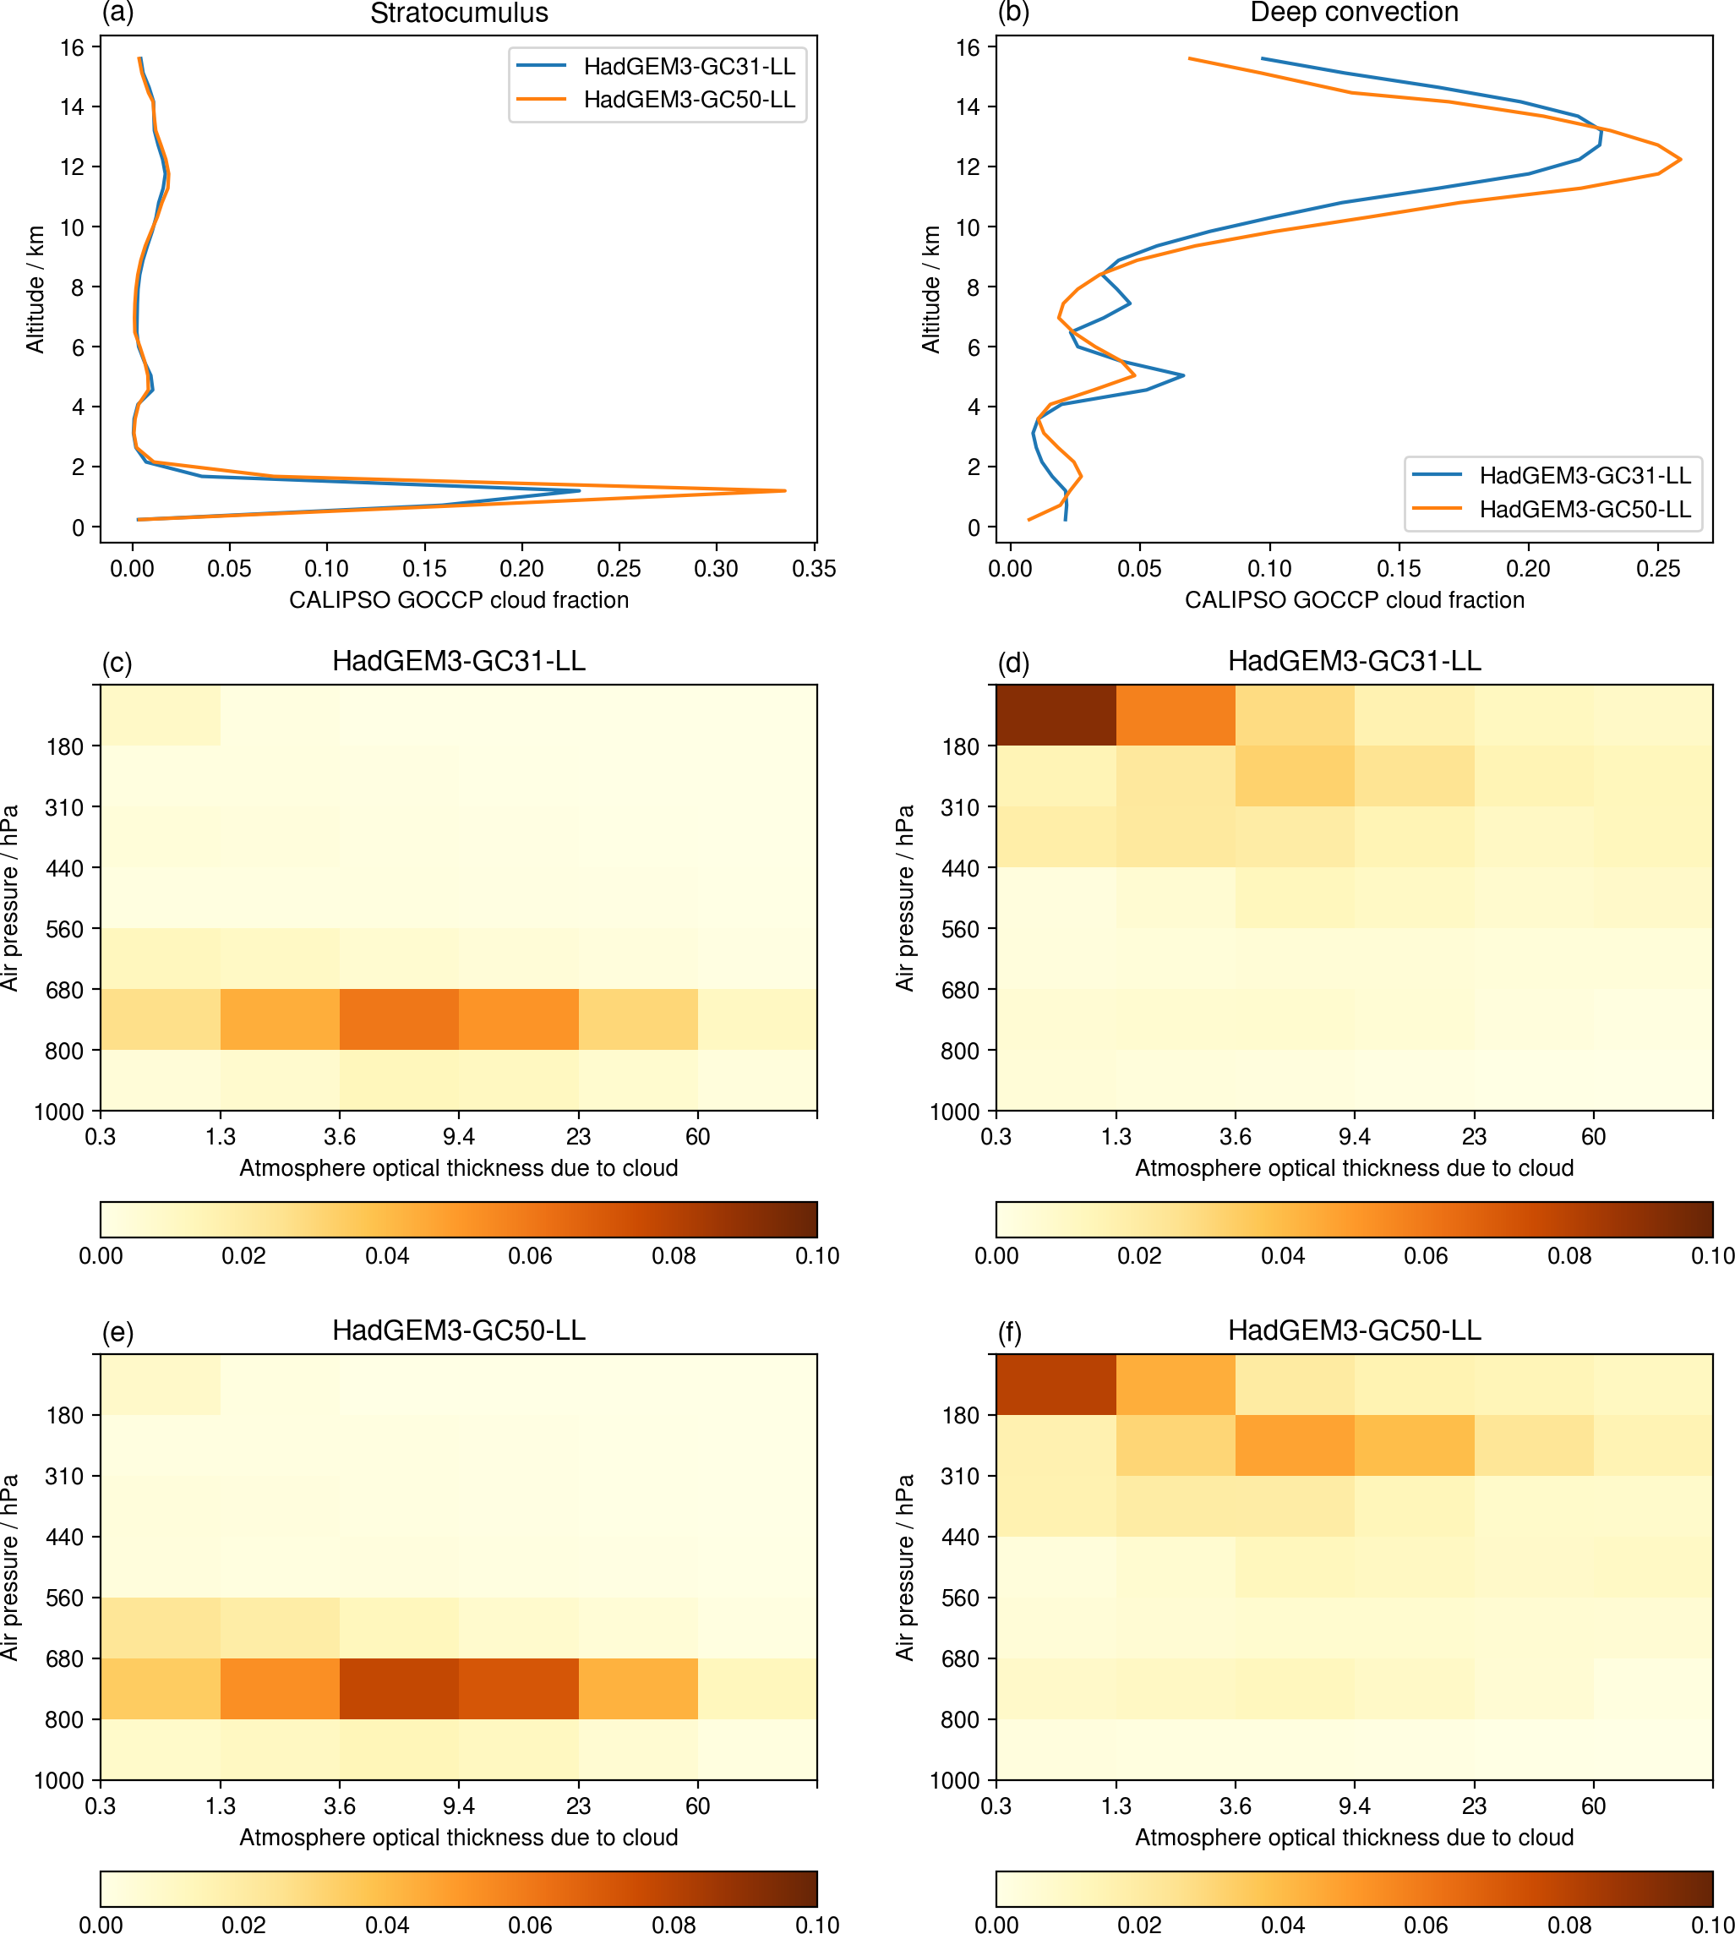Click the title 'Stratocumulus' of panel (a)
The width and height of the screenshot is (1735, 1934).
tap(459, 14)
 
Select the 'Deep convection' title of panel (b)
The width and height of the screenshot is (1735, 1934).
tap(1354, 13)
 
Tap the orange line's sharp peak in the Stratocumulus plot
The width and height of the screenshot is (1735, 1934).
tap(783, 491)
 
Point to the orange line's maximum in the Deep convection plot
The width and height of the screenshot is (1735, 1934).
tap(1680, 159)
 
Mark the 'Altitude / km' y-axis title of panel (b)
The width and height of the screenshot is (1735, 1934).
tap(930, 289)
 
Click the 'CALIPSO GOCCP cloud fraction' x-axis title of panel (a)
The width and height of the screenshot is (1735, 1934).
tap(459, 600)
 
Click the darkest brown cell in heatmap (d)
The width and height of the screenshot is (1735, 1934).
tap(1056, 715)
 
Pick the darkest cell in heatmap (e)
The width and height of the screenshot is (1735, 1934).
tap(399, 1689)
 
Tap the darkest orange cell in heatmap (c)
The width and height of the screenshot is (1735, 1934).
tap(399, 1019)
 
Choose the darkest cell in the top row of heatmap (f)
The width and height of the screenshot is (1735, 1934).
tap(1056, 1385)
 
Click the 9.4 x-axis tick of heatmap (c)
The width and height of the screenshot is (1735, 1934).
tap(459, 1136)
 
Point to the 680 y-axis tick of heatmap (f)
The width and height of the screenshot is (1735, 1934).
tap(961, 1658)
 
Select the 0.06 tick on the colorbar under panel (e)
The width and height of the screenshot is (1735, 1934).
tap(530, 1925)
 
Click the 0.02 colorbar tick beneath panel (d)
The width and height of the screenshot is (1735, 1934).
tap(1139, 1255)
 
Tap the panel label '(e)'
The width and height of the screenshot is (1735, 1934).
tap(117, 1331)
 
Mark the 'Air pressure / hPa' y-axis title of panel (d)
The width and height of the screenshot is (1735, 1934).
tap(904, 898)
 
